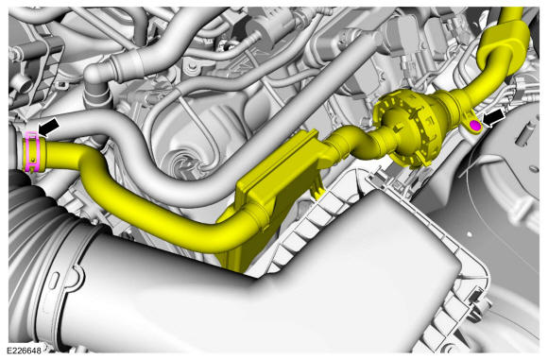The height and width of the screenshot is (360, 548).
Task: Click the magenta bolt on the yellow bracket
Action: pos(475,125)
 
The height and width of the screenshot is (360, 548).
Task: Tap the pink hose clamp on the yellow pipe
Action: pos(33,152)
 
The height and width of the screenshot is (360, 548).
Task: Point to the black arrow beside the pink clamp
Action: pos(48,128)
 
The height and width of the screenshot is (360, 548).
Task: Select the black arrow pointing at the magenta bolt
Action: pos(493,118)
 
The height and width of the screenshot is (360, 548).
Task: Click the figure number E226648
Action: pos(25,350)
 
